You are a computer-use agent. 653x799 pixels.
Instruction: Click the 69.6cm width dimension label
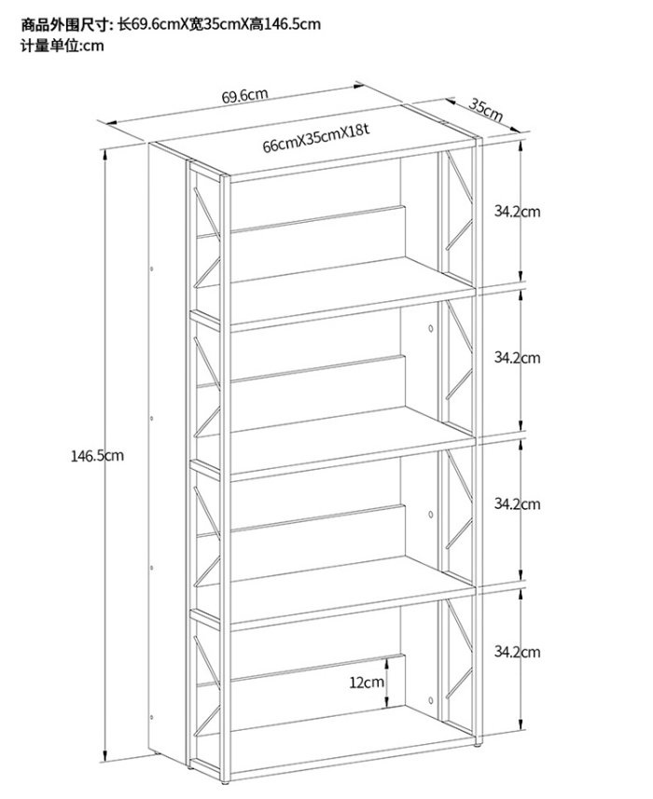pos(244,95)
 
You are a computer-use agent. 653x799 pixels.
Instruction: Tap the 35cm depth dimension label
pos(486,111)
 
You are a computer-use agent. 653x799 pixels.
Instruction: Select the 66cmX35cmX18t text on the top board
pos(315,138)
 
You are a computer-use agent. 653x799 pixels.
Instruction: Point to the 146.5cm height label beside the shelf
pos(97,456)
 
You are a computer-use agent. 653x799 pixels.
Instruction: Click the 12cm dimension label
pos(367,682)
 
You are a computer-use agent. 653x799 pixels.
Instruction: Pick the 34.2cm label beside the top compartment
pos(517,211)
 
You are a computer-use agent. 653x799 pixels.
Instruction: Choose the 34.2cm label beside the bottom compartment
pos(517,651)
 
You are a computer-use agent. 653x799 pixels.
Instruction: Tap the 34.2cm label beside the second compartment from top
pos(517,358)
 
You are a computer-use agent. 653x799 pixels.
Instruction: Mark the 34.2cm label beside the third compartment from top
pos(517,504)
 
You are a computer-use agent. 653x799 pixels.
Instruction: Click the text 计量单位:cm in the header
pos(63,46)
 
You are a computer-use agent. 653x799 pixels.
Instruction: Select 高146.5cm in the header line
pos(285,24)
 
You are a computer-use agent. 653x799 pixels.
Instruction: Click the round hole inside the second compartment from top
pos(431,329)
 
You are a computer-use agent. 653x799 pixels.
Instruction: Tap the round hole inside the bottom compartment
pos(431,701)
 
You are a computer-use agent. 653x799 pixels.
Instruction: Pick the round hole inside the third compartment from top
pos(431,515)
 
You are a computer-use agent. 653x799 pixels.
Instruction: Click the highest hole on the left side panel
pos(151,268)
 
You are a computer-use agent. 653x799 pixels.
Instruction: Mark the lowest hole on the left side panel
pos(151,717)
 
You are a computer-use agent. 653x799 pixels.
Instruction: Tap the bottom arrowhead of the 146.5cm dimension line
pos(105,756)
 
